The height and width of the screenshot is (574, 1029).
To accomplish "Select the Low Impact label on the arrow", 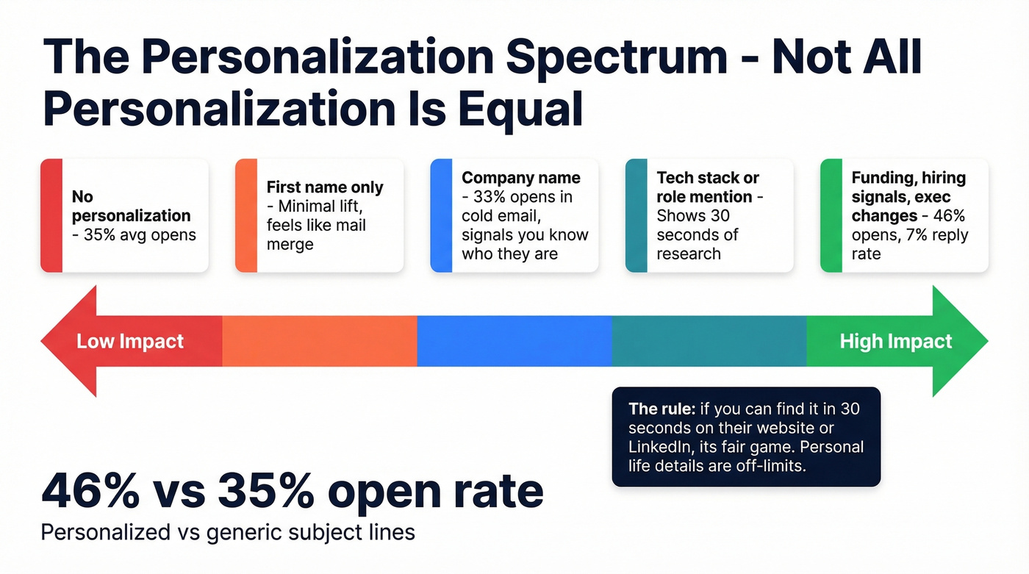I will point(130,342).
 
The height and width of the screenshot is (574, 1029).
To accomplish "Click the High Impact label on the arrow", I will point(895,342).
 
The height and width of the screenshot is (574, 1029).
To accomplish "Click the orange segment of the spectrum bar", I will point(319,341).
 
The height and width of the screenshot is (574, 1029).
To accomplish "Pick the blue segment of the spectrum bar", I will point(514,341).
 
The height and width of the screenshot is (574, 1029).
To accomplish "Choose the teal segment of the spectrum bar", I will point(709,341).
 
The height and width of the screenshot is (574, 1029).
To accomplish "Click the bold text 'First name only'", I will point(325,187).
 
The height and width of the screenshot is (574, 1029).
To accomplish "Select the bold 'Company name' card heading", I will point(520,178).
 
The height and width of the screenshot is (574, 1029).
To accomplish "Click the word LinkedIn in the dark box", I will point(656,446).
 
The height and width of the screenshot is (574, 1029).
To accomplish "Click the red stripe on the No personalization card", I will point(51,216).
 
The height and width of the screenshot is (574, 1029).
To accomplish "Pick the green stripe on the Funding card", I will point(831,216).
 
